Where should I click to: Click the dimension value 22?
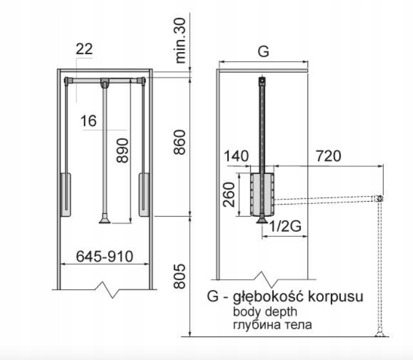(84, 50)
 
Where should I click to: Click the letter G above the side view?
(263, 52)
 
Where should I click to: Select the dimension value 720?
(329, 156)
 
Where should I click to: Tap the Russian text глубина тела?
(272, 325)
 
